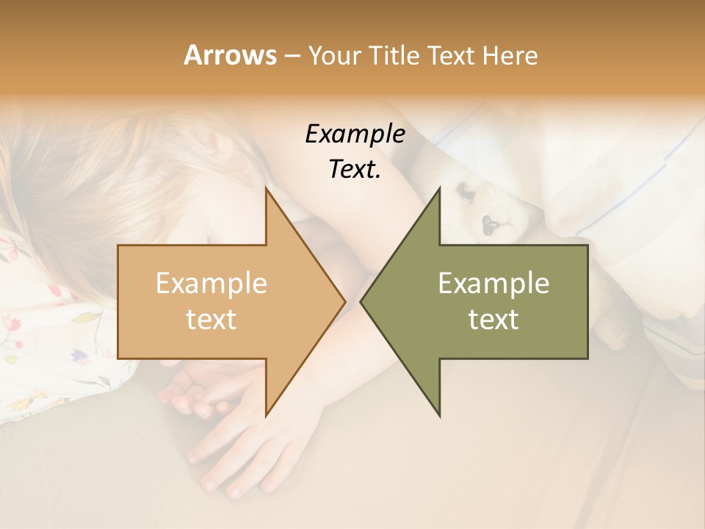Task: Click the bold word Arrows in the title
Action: coord(229,55)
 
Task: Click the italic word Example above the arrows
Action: coord(355,134)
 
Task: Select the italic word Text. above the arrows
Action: coord(355,170)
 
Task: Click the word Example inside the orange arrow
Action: coord(211,284)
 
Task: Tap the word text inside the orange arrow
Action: coord(211,319)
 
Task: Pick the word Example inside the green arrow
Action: coord(493,284)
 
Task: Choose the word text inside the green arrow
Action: coord(493,319)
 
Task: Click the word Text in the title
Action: coord(455,55)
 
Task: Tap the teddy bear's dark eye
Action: coord(464,192)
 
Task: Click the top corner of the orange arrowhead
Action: coord(266,189)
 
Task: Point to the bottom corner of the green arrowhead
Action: coord(439,415)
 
